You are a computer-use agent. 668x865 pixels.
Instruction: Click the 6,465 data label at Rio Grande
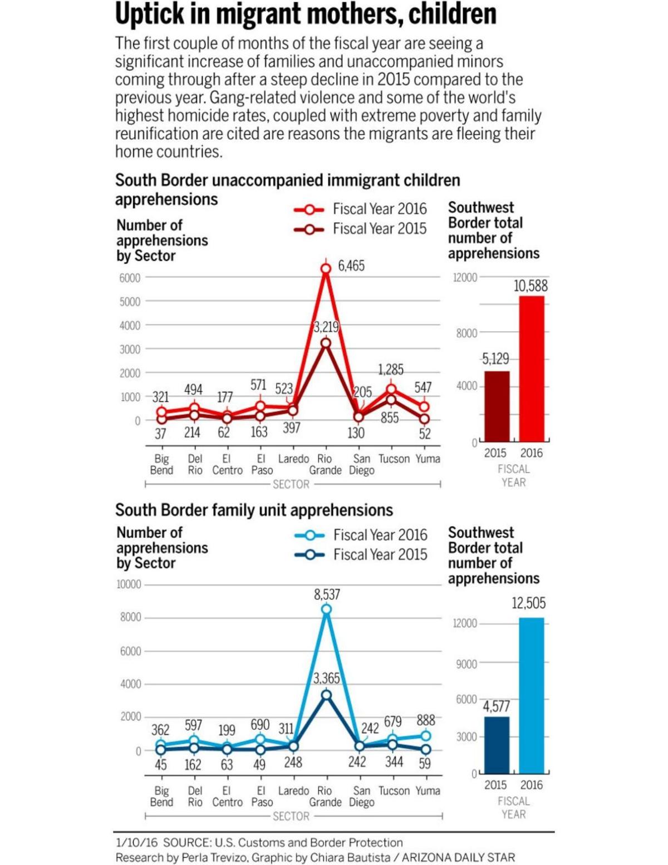click(351, 266)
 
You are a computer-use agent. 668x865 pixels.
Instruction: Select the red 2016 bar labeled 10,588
click(532, 367)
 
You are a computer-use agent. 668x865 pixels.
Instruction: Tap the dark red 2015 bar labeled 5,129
click(497, 406)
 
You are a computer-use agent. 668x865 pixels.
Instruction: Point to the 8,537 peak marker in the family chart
click(326, 610)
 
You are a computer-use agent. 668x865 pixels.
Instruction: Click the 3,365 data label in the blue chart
click(326, 678)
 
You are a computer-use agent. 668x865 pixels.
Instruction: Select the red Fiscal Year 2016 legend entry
click(361, 209)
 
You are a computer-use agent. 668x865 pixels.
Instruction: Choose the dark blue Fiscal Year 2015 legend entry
click(361, 555)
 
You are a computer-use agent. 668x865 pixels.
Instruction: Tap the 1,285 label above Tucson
click(391, 370)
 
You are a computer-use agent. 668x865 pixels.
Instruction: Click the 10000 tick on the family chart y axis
click(129, 584)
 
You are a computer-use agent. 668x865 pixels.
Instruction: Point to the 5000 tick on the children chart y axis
click(130, 302)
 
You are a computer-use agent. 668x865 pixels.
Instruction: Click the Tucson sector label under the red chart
click(394, 459)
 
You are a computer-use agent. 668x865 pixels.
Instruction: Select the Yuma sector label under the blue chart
click(428, 791)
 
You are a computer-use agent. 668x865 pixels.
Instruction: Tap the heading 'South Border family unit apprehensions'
click(254, 510)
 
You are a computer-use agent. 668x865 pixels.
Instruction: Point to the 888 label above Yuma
click(426, 720)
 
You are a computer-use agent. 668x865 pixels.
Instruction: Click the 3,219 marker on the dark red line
click(326, 343)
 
